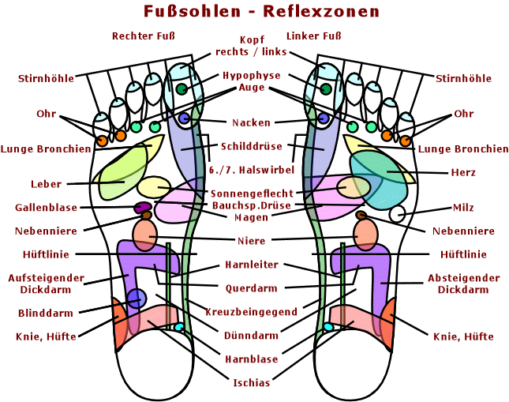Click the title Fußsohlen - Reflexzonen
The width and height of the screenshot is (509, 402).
click(261, 12)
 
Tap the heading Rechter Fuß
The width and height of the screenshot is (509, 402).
click(143, 36)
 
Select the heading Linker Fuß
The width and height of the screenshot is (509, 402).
click(314, 36)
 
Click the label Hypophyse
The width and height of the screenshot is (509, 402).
click(252, 76)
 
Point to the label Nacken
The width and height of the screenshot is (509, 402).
click(252, 122)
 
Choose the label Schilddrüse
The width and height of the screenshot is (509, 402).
click(252, 146)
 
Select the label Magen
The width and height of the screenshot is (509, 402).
click(252, 217)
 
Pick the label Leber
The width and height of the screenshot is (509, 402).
click(46, 184)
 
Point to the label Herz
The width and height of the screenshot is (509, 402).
click(463, 172)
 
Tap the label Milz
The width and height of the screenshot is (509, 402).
click(463, 208)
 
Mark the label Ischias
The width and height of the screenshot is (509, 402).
click(252, 383)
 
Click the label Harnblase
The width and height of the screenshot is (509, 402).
click(252, 359)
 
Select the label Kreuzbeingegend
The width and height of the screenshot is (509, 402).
click(252, 312)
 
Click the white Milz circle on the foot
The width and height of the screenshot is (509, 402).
click(397, 213)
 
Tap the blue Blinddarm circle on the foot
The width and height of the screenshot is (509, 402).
click(137, 299)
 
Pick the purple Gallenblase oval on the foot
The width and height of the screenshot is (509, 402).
click(143, 207)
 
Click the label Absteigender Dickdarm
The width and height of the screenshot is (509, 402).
click(463, 284)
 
